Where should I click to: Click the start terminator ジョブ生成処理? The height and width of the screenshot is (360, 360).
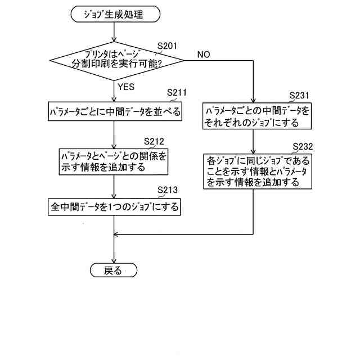click(115, 14)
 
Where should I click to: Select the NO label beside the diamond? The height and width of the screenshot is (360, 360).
click(204, 54)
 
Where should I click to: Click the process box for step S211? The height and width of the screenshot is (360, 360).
click(115, 112)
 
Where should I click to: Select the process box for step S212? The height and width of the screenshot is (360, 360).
click(114, 161)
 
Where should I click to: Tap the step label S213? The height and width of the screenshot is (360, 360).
click(167, 189)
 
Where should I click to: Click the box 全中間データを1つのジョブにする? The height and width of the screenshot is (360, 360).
click(114, 207)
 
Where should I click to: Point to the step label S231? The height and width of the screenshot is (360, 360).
click(299, 95)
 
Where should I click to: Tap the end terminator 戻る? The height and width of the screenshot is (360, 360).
click(114, 271)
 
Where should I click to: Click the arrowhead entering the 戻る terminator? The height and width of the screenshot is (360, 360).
click(114, 261)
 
